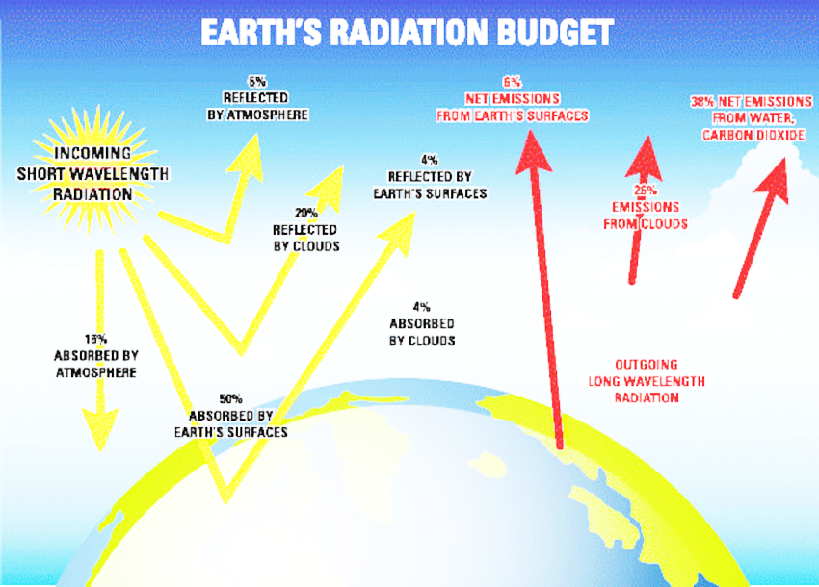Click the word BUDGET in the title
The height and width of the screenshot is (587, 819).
point(555,33)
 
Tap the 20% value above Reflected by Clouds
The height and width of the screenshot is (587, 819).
point(306,213)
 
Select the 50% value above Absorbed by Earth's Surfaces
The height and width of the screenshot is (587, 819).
point(231,399)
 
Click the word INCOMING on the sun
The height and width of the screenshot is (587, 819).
point(92,153)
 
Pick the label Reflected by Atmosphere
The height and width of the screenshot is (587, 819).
point(257,106)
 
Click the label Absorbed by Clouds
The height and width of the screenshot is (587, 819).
point(422,332)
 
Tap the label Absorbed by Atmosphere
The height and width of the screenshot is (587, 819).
point(96,364)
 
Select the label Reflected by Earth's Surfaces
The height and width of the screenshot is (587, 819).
point(430,185)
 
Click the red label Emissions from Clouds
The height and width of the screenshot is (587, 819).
point(646,216)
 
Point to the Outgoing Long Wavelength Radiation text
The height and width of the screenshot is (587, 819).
point(647,381)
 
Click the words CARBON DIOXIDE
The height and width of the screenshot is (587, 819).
point(753,135)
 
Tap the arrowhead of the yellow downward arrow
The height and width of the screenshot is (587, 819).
point(100,429)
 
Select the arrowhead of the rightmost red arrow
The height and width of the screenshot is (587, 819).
point(773,180)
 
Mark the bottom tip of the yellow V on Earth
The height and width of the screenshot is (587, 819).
point(225,502)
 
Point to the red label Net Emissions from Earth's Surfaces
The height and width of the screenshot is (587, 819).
point(513,107)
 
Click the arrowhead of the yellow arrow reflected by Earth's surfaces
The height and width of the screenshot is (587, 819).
point(400,232)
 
